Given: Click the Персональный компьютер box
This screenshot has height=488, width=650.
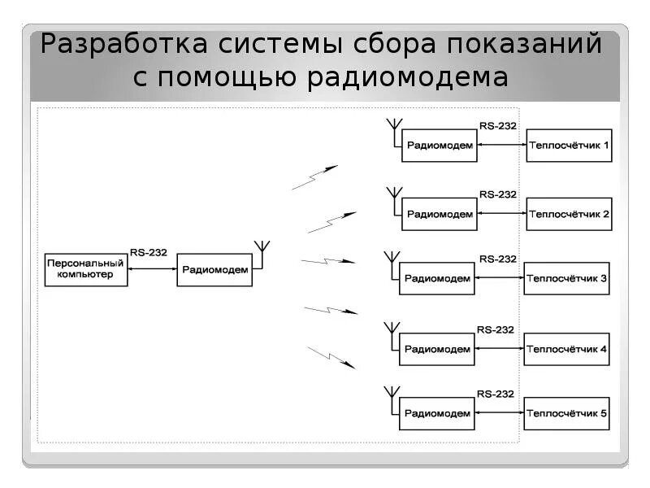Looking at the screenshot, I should point(85,269).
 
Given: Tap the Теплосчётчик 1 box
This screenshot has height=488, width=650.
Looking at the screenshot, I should point(569,146).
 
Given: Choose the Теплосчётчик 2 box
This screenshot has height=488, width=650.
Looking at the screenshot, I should point(569,215).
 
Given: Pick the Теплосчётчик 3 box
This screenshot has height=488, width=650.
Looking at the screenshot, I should point(566,278).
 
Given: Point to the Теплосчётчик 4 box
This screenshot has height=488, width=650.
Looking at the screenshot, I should point(566,349).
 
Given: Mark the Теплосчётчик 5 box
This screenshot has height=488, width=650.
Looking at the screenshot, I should point(566,413).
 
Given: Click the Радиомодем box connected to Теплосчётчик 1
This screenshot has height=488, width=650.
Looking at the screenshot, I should point(440,146).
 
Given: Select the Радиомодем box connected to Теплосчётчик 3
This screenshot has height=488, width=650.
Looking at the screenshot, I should point(437,278).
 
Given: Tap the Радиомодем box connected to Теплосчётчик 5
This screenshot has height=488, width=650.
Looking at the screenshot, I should point(437,413).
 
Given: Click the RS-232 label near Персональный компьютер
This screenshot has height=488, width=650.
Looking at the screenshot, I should point(149,253).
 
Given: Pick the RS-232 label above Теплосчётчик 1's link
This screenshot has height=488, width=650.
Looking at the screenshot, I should point(498,126).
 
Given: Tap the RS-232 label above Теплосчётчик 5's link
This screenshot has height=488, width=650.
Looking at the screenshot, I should point(496,394).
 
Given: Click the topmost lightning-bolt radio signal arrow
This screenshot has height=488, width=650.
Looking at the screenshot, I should point(314,178).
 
